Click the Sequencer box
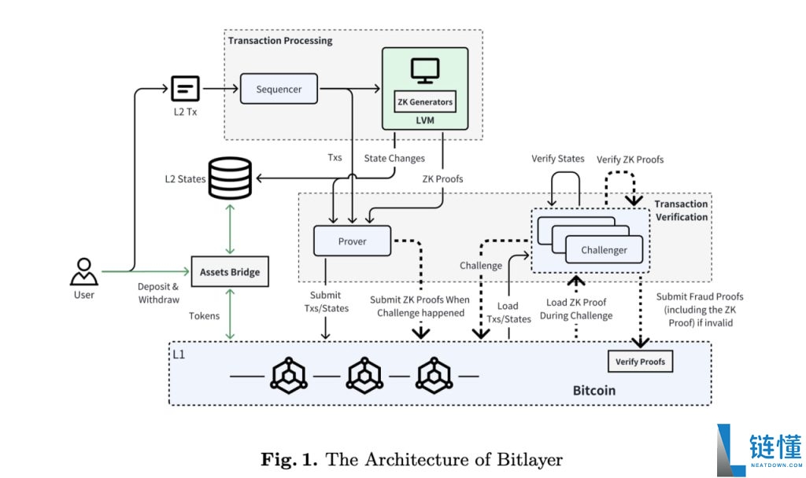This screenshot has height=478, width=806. pyautogui.click(x=279, y=89)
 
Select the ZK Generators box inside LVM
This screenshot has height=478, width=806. pyautogui.click(x=425, y=101)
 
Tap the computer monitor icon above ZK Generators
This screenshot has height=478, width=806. pyautogui.click(x=425, y=71)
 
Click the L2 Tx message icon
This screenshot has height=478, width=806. pyautogui.click(x=186, y=88)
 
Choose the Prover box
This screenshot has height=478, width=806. pyautogui.click(x=352, y=241)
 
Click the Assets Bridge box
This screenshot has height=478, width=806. pyautogui.click(x=230, y=272)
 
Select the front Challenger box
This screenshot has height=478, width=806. pyautogui.click(x=604, y=250)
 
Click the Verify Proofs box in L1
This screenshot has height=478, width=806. pyautogui.click(x=640, y=362)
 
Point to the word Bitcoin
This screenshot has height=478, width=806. pyautogui.click(x=593, y=390)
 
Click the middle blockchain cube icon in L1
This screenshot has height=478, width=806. pyautogui.click(x=364, y=376)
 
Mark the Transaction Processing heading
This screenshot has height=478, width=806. pyautogui.click(x=280, y=41)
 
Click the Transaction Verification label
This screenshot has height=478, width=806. pyautogui.click(x=680, y=211)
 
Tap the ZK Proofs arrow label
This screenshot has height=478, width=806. pyautogui.click(x=442, y=178)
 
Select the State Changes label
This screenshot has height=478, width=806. pyautogui.click(x=394, y=158)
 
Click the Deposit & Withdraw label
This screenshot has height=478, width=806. pyautogui.click(x=158, y=293)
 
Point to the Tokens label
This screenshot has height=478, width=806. pyautogui.click(x=204, y=315)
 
